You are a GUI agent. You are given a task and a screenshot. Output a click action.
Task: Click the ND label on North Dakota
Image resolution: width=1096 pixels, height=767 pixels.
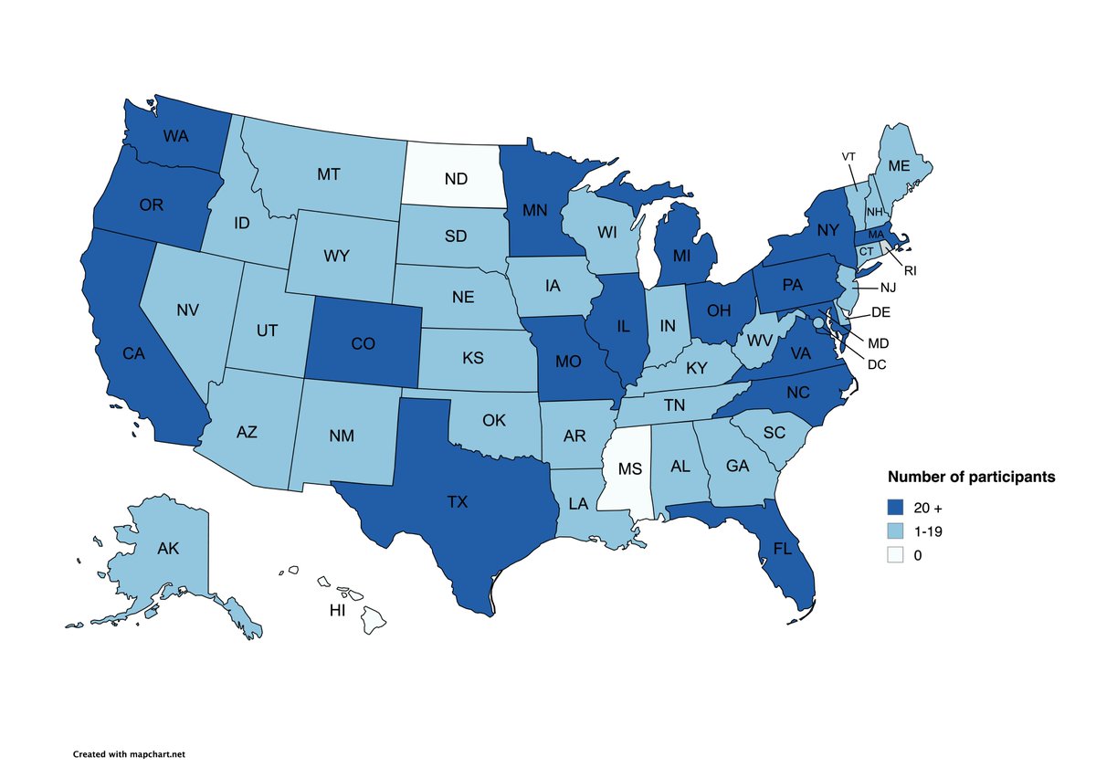click(x=456, y=179)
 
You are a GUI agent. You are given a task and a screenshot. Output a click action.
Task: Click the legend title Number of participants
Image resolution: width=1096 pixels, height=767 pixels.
click(x=972, y=477)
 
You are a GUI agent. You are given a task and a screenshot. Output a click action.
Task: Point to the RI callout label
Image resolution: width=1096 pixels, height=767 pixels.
click(x=910, y=270)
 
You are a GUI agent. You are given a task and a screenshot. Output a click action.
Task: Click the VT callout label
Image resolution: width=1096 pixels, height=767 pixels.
click(x=848, y=156)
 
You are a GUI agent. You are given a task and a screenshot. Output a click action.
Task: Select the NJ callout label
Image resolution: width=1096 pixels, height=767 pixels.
click(x=889, y=289)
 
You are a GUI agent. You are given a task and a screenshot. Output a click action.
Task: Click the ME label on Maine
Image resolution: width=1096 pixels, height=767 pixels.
click(x=899, y=167)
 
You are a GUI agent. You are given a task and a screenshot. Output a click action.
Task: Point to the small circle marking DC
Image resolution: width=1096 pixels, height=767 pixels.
click(x=819, y=322)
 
